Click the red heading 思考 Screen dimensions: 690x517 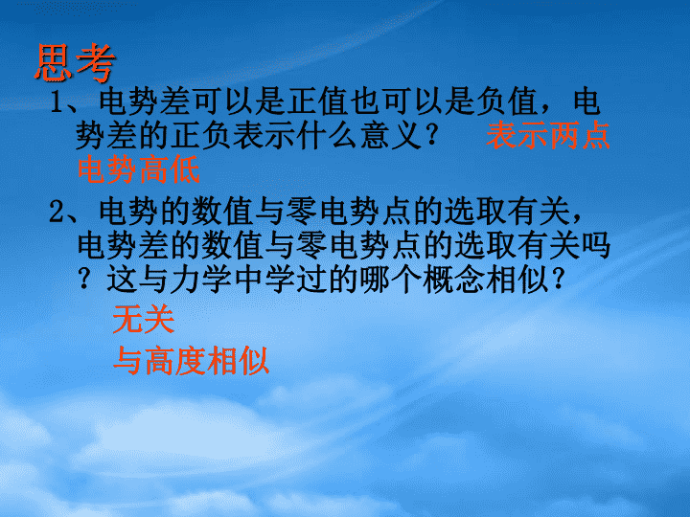coord(75,63)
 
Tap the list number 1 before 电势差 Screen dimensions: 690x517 coord(57,102)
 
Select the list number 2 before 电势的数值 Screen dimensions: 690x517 coord(57,212)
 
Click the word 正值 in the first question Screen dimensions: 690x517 coord(318,102)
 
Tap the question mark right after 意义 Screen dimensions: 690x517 coord(432,135)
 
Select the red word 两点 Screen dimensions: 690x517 coord(579,135)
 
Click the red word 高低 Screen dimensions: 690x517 coord(170,169)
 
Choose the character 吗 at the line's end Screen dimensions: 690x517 coord(596,245)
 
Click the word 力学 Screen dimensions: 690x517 coord(200,280)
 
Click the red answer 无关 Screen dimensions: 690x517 coord(144,319)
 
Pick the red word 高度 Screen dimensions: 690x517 coord(175,361)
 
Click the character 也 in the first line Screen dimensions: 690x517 coord(365,102)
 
